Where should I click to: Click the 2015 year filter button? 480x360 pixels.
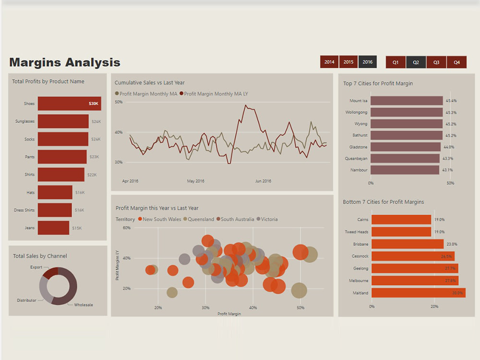(x=348, y=62)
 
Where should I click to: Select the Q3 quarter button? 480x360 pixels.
(x=436, y=62)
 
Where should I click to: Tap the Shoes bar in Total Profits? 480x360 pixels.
(x=70, y=104)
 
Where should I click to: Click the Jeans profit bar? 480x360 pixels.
(x=54, y=228)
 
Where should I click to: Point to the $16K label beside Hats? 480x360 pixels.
(x=80, y=192)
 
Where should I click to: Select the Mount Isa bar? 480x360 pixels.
(x=407, y=101)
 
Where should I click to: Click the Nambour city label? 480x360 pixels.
(x=359, y=170)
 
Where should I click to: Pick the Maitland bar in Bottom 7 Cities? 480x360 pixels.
(x=419, y=293)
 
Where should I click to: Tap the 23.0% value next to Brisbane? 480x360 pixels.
(x=452, y=244)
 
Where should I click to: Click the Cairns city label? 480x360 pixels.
(x=363, y=219)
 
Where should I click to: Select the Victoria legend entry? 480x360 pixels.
(x=267, y=219)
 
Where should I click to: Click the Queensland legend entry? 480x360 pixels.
(x=199, y=219)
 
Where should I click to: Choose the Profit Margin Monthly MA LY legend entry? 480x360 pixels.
(x=214, y=94)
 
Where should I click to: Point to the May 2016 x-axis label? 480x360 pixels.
(x=196, y=181)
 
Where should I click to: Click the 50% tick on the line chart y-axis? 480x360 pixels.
(x=119, y=102)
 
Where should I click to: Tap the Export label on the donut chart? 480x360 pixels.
(x=36, y=267)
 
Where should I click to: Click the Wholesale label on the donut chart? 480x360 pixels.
(x=84, y=305)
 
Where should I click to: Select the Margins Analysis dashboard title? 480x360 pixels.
(x=65, y=62)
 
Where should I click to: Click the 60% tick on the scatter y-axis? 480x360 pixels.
(x=127, y=228)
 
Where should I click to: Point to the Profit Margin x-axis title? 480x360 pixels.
(x=229, y=314)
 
